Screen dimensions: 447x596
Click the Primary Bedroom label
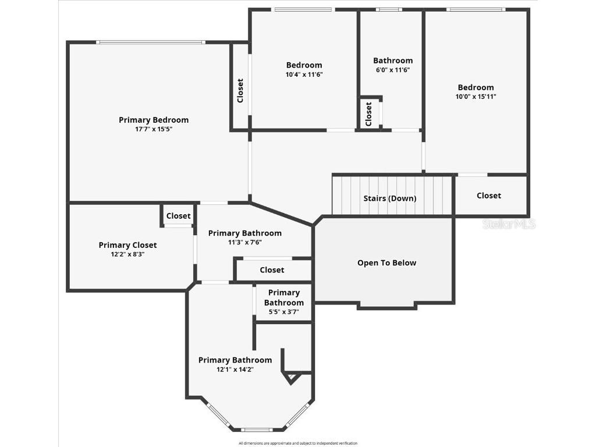click(x=154, y=120)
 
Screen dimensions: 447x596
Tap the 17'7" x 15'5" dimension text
click(x=154, y=129)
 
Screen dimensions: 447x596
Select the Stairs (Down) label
click(x=390, y=198)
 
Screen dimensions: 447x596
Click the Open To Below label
click(x=386, y=262)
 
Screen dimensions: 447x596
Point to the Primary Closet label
click(x=127, y=245)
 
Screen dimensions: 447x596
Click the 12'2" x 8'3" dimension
click(x=127, y=254)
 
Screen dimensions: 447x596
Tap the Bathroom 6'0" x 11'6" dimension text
click(x=393, y=70)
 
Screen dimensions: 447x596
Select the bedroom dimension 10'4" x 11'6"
click(x=304, y=74)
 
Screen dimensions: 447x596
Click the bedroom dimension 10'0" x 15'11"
click(x=476, y=97)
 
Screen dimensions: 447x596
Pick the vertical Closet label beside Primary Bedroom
click(x=240, y=91)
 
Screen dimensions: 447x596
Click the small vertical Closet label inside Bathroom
click(x=368, y=113)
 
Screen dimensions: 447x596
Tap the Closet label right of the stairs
click(x=488, y=196)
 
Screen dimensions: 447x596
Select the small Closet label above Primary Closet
click(x=178, y=216)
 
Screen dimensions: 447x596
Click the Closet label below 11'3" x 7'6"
click(x=272, y=270)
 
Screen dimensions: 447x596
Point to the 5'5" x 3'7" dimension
click(x=284, y=311)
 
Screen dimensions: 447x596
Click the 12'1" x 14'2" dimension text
click(x=235, y=369)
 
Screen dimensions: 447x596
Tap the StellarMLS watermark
click(x=509, y=224)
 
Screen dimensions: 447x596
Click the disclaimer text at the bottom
click(x=298, y=444)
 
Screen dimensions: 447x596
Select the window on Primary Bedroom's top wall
click(x=150, y=42)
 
